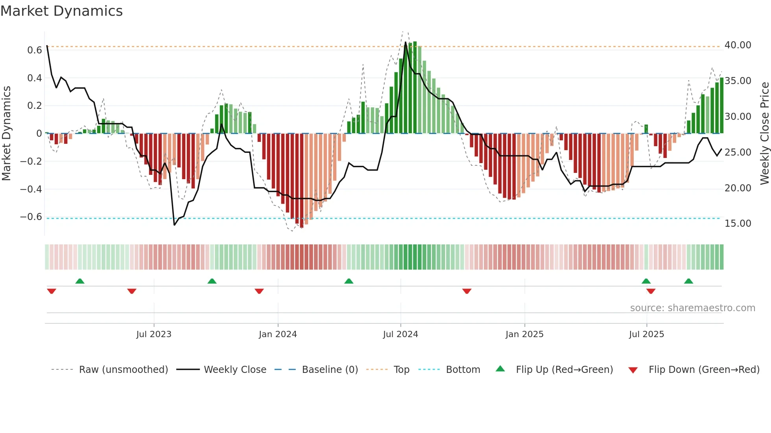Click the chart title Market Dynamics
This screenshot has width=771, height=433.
62,11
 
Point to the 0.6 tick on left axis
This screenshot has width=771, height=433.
35,50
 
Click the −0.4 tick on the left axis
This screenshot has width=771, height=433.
31,189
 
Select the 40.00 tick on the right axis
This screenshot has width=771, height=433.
738,45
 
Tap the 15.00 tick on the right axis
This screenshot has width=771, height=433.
738,224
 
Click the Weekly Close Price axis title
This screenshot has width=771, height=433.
764,133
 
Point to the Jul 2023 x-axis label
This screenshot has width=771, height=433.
154,334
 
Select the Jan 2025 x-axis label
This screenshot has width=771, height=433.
524,334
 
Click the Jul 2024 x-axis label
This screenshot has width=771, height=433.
400,334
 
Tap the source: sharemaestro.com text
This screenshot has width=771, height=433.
692,308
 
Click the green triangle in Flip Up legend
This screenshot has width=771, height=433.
500,369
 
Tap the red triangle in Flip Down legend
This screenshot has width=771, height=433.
633,370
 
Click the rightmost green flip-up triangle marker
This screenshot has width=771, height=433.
688,281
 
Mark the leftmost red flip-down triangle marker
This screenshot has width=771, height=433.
52,291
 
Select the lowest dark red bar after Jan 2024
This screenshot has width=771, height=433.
302,181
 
